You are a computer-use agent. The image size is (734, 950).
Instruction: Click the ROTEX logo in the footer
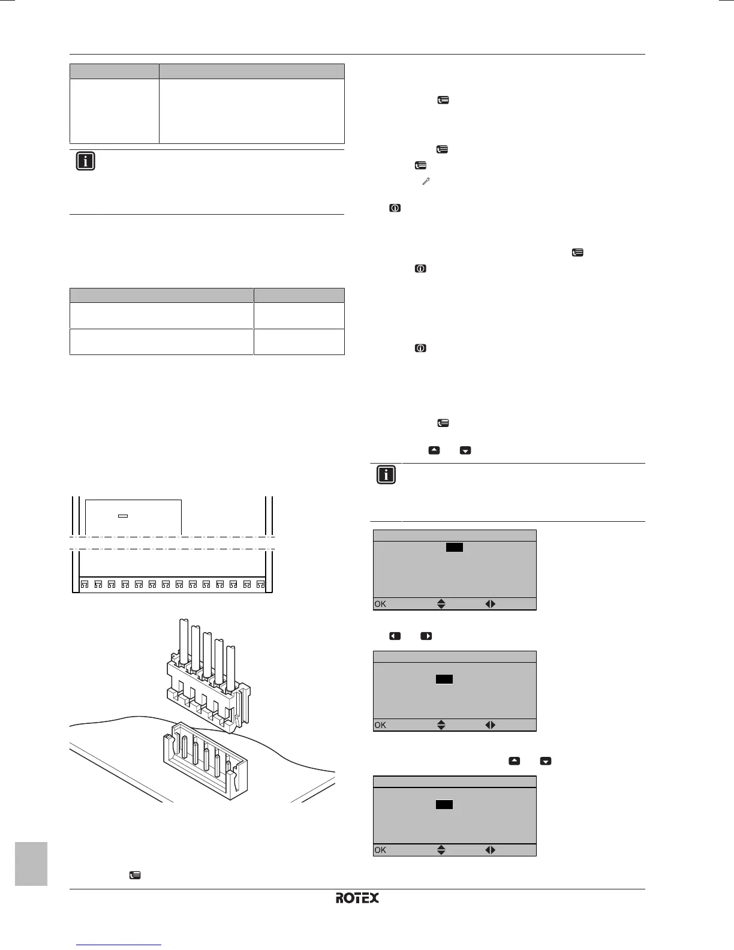pos(357,898)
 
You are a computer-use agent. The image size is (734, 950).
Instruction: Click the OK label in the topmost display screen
pos(380,604)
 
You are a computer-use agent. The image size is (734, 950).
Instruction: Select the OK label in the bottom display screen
pos(380,850)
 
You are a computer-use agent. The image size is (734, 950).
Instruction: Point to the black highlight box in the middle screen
pos(444,679)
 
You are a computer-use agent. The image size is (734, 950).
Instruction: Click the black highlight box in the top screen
pos(455,547)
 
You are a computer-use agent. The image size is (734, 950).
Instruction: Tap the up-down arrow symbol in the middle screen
pos(441,725)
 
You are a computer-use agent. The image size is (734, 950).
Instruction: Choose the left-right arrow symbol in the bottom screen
pos(491,850)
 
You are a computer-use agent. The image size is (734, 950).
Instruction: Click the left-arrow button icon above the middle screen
pos(395,636)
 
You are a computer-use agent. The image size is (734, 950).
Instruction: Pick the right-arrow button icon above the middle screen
pos(426,636)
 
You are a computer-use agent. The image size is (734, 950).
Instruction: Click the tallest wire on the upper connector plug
pos(183,642)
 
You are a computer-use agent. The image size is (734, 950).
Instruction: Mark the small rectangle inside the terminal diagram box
pos(123,516)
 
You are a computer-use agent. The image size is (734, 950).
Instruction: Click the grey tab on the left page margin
pos(31,863)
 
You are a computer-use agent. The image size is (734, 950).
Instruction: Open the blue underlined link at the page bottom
pos(120,945)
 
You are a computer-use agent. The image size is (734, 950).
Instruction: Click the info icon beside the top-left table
pos(86,161)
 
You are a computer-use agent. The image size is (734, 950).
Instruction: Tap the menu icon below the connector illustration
pos(136,876)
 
